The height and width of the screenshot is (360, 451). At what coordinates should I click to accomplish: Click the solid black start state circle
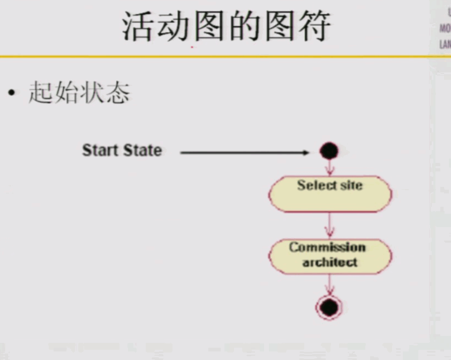[x=329, y=152]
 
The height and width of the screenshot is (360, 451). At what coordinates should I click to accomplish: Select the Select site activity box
[x=330, y=194]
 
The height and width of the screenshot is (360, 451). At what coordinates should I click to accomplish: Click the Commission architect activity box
[x=330, y=256]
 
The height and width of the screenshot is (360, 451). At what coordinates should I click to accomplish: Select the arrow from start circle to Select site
[x=329, y=168]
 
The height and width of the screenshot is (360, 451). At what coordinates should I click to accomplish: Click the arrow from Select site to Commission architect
[x=329, y=226]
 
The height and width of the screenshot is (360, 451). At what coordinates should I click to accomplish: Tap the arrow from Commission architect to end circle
[x=329, y=284]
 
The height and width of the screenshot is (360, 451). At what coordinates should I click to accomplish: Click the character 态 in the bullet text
[x=118, y=93]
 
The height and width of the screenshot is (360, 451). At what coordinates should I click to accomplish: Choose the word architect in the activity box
[x=329, y=262]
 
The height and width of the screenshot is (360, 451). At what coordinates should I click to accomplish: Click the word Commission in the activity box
[x=327, y=247]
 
